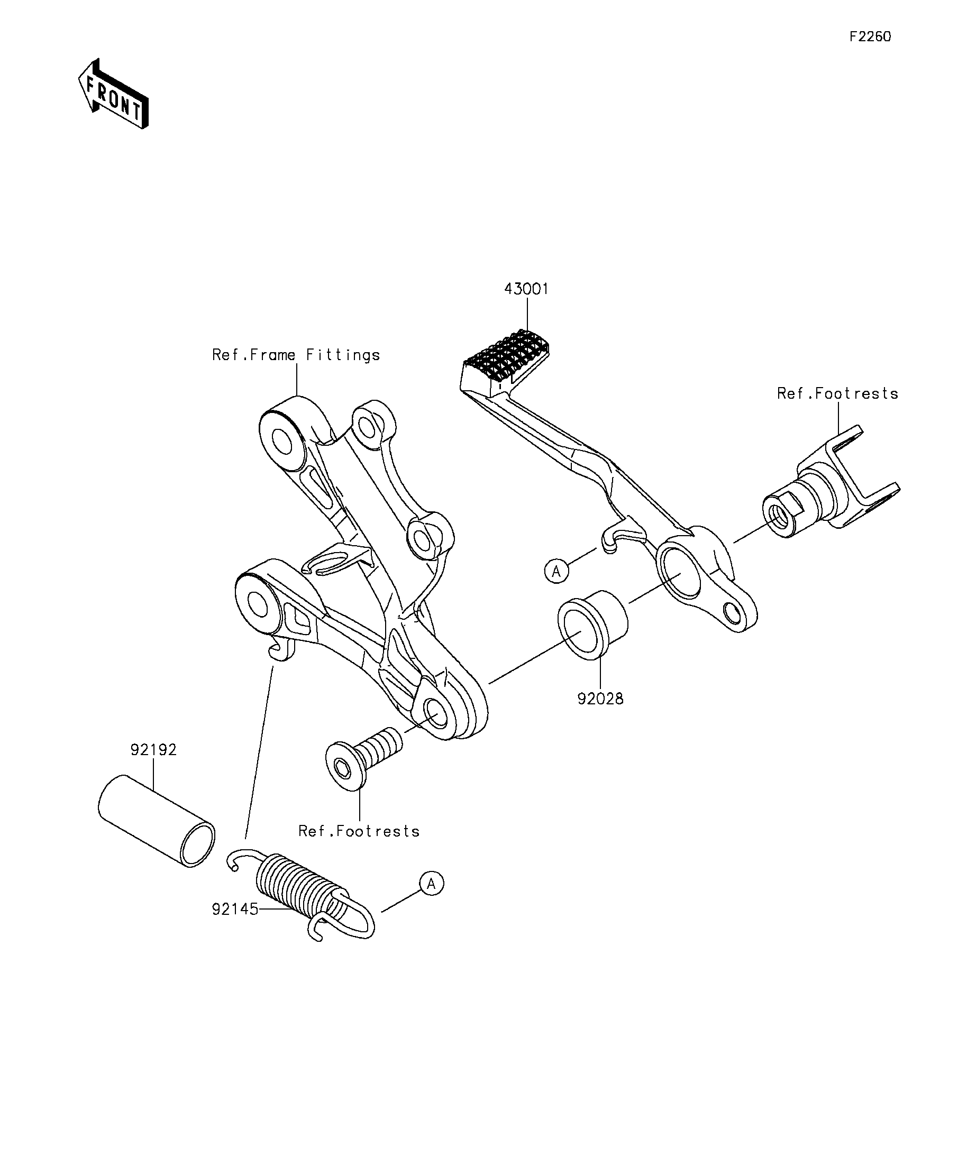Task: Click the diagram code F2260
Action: tap(870, 36)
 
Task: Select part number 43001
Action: tap(526, 289)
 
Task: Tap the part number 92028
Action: tap(600, 699)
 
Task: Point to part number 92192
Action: tap(153, 750)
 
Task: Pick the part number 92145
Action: tap(235, 909)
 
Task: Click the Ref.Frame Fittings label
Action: tap(296, 355)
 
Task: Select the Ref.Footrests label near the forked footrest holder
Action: tap(837, 393)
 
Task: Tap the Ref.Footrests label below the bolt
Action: tap(359, 847)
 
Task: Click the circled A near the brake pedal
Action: tap(557, 571)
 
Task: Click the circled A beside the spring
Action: tap(432, 884)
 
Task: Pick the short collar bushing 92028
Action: tap(592, 625)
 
